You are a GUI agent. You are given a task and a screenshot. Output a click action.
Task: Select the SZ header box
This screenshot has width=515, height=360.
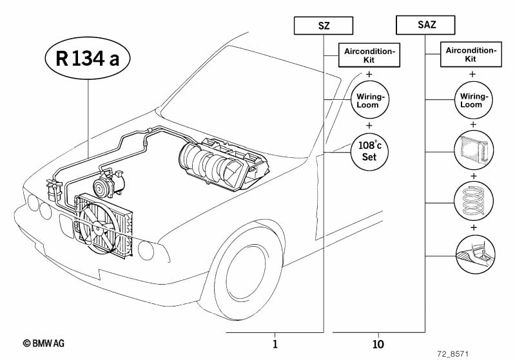click(x=324, y=26)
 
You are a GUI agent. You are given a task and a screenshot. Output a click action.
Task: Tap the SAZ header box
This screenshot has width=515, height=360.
click(x=425, y=26)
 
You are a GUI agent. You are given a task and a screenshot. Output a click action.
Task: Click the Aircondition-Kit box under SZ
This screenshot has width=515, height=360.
click(x=369, y=55)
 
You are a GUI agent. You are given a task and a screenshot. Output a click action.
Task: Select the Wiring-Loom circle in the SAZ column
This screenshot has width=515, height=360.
click(x=472, y=100)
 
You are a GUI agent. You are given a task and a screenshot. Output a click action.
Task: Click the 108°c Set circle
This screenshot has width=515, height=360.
click(x=369, y=151)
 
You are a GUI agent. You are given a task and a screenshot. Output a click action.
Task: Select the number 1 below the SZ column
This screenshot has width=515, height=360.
click(x=275, y=344)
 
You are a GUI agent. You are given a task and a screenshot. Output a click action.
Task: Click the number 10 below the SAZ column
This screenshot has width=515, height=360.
click(x=378, y=344)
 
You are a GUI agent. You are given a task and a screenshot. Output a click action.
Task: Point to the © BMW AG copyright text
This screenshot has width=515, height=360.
click(x=44, y=343)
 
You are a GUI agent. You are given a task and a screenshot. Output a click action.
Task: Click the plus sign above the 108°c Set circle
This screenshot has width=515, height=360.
click(x=369, y=126)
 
